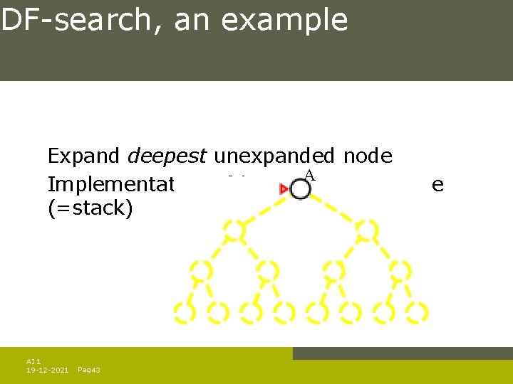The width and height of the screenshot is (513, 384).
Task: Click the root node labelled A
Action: point(301,188)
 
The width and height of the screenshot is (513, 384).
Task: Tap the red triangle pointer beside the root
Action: point(284,188)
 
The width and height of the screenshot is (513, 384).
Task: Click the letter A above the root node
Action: point(309,175)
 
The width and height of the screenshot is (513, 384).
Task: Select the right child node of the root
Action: point(368,229)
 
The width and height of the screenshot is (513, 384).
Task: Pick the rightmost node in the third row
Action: point(400,270)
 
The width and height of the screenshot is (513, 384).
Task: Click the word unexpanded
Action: point(274,156)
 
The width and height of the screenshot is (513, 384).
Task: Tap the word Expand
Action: point(85,156)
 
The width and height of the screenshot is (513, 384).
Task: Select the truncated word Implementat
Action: point(110,185)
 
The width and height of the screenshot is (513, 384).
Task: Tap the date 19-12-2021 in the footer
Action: point(48,370)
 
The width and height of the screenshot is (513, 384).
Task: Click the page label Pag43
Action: point(88,370)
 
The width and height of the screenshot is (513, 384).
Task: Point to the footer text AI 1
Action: point(34,361)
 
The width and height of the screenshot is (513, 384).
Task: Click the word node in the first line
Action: point(366,156)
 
